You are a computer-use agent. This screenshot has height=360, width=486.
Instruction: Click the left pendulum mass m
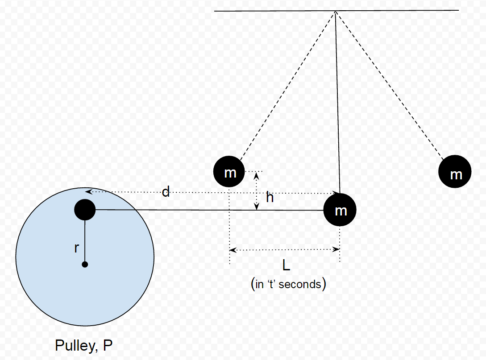coord(229,172)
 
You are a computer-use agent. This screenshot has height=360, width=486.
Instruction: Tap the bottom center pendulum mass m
coord(340,210)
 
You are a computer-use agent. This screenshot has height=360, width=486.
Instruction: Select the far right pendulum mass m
coord(455,172)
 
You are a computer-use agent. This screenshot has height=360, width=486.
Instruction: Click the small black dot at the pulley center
coord(85,265)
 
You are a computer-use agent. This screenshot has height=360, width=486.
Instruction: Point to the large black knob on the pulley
coord(85,209)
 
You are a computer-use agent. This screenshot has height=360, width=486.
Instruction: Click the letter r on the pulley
coord(77,248)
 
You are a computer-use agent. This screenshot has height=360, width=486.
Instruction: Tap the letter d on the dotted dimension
coord(166,192)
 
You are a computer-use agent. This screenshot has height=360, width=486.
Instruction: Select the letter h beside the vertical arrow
coord(270,198)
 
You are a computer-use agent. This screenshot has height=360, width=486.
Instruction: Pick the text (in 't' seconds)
coord(288,284)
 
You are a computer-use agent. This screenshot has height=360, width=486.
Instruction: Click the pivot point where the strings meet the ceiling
coord(335,11)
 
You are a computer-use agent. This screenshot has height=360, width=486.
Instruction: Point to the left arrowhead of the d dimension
coord(88,192)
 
